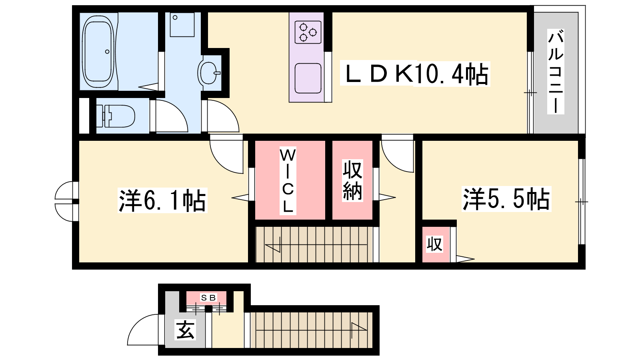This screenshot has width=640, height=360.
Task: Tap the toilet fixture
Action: (x=116, y=116)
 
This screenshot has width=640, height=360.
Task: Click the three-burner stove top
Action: (x=308, y=32)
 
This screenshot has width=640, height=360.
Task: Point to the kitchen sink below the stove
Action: (x=308, y=78)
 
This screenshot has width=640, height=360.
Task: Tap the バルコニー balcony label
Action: (x=556, y=72)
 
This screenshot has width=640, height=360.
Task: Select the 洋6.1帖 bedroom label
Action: (x=162, y=200)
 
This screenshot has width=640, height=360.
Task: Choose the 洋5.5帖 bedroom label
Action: (x=506, y=199)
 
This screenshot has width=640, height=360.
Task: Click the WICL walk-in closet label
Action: (x=288, y=180)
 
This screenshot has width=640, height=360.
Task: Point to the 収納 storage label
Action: (x=352, y=180)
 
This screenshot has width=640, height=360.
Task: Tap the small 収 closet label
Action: (x=434, y=244)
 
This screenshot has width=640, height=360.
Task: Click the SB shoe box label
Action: (x=208, y=298)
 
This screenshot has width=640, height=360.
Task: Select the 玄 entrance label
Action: (x=186, y=330)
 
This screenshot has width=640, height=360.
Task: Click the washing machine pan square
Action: (x=182, y=24)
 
